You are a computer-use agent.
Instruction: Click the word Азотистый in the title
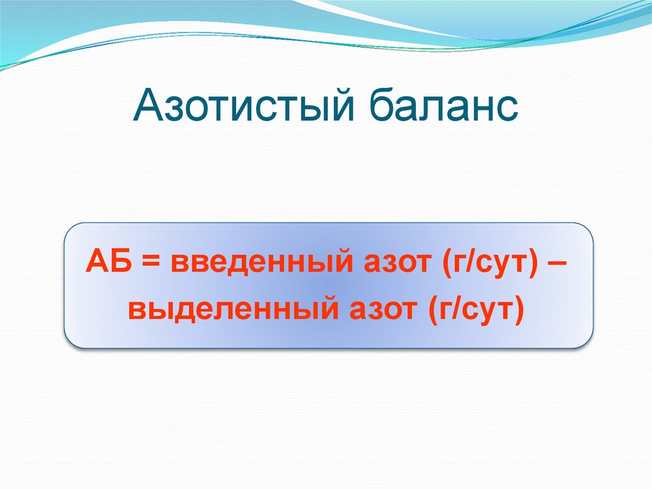pos(243,105)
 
